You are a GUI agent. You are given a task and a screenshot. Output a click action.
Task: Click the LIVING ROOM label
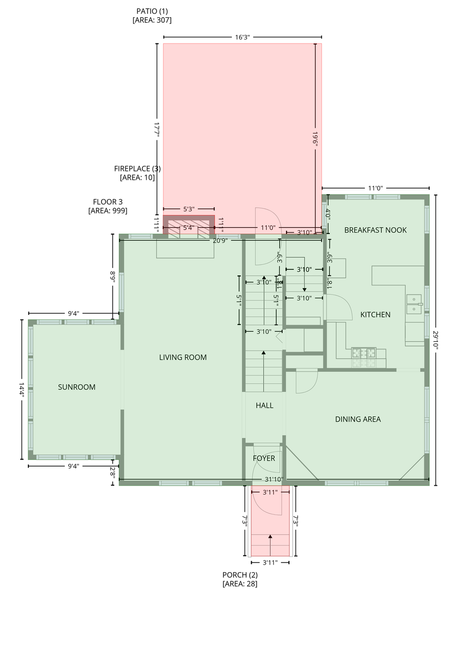pos(183,357)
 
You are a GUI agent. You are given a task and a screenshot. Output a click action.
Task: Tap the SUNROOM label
pos(76,387)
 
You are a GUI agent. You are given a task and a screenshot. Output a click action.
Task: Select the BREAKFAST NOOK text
pos(376,230)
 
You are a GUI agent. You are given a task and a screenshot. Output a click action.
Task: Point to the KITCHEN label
pos(375,314)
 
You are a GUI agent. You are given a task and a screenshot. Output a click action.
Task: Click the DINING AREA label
pos(358,419)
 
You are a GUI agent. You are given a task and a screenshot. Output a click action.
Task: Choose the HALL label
pos(264,405)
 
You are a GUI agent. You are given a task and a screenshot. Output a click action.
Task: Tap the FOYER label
pos(264,458)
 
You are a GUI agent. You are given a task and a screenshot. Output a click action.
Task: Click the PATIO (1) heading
pos(152,11)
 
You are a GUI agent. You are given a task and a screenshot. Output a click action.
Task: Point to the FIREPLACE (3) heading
pos(137,168)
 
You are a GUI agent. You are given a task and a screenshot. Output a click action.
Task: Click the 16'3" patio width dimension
pos(242,37)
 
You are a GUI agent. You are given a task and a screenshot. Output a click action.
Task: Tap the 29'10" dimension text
pos(436,340)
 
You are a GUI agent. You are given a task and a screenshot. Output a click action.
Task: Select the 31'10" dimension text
pos(274,480)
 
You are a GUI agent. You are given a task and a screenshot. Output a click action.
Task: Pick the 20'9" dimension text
pos(220,241)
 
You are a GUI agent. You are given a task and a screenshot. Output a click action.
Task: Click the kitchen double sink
pos(414,304)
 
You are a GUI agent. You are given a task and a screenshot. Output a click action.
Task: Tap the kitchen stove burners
pos(363,353)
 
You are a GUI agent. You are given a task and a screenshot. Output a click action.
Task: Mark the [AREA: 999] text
pos(108,211)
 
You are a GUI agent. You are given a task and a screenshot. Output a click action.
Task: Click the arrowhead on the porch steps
pos(270,536)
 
